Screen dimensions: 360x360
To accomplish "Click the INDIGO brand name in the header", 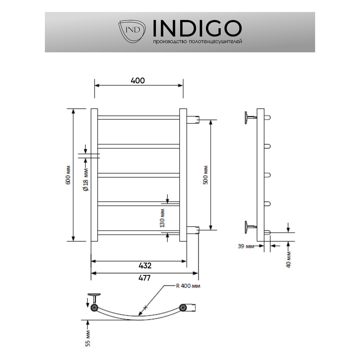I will (197, 28).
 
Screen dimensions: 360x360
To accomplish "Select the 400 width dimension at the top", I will (138, 81).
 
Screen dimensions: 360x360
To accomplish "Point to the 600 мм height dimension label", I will (69, 175).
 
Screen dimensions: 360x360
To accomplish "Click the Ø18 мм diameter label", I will (86, 179).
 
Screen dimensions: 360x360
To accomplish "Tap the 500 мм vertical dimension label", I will (205, 175).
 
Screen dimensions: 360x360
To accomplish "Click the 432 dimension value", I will (145, 266).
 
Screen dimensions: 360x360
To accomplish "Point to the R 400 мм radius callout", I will (188, 286).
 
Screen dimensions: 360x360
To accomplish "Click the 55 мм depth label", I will (88, 338).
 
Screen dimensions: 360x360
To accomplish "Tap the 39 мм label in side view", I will (246, 246).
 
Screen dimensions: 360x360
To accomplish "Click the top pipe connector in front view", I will (193, 120).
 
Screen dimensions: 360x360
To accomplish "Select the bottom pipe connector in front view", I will (193, 230).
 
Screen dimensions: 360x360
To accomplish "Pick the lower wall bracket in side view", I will (248, 227).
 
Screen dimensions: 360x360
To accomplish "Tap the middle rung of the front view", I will (138, 175).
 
